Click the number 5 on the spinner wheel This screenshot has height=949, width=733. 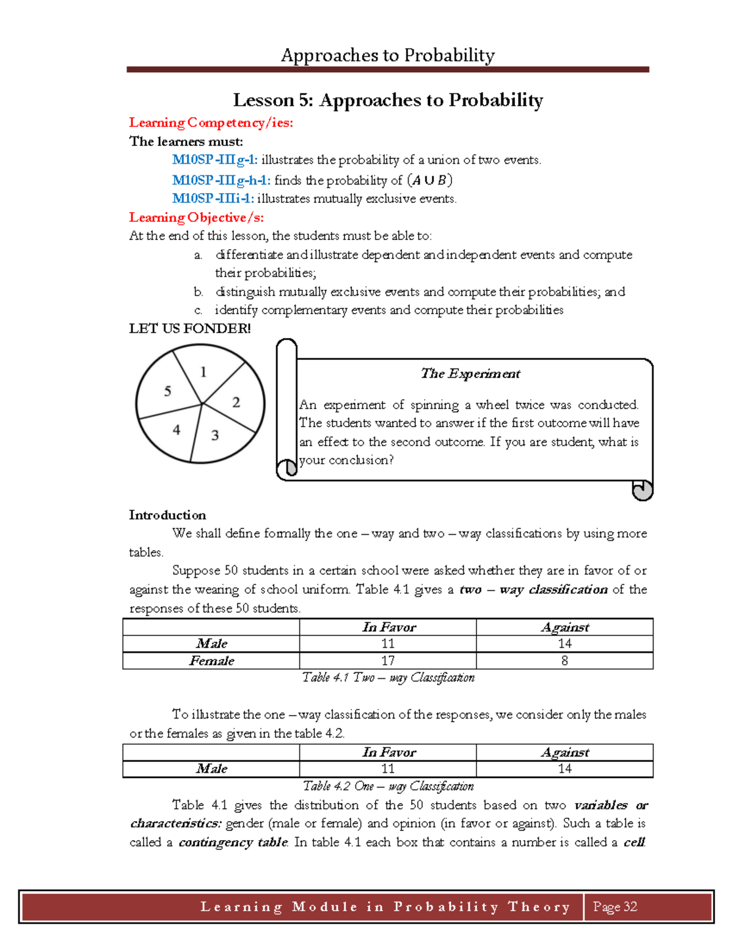point(167,391)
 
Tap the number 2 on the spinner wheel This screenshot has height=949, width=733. point(236,402)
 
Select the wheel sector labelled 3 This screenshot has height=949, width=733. point(215,435)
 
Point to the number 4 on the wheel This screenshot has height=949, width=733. point(177,430)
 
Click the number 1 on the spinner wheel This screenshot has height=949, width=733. point(203,372)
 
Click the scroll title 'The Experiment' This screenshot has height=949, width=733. point(470,373)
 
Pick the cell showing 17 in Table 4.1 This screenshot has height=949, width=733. point(388,661)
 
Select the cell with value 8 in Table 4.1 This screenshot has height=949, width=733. point(564,661)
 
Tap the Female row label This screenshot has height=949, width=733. point(211,661)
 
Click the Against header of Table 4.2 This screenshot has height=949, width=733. point(564,752)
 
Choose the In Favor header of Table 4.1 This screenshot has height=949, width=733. point(388,627)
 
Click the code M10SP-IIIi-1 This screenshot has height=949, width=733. point(213,199)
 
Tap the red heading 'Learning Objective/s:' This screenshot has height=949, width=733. point(196,218)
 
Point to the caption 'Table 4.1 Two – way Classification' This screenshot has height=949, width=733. point(388,677)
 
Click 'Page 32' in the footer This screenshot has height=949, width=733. point(615,907)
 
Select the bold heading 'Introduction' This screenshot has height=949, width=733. point(167,515)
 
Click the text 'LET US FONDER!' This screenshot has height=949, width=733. point(189,329)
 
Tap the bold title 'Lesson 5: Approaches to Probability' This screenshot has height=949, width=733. point(388,100)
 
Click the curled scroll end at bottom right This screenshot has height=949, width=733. point(642,490)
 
